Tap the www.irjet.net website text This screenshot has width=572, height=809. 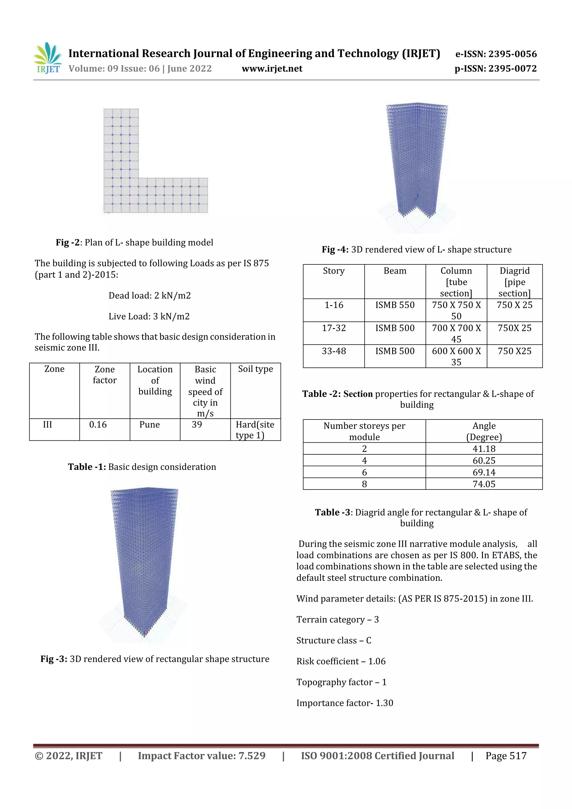pyautogui.click(x=272, y=69)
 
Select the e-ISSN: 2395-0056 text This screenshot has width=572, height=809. pyautogui.click(x=496, y=54)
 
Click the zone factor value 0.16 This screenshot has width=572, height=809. pyautogui.click(x=98, y=424)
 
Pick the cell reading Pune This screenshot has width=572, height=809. pyautogui.click(x=149, y=424)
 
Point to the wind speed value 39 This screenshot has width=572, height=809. pyautogui.click(x=197, y=424)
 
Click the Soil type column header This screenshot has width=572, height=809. pyautogui.click(x=256, y=369)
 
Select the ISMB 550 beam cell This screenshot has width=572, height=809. pyautogui.click(x=395, y=305)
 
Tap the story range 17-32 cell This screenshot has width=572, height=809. pyautogui.click(x=334, y=328)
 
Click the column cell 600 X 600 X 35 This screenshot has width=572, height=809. pyautogui.click(x=456, y=356)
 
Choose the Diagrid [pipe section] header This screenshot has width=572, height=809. pyautogui.click(x=514, y=282)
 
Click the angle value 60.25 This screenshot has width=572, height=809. pyautogui.click(x=484, y=460)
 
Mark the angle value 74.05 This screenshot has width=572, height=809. pyautogui.click(x=484, y=484)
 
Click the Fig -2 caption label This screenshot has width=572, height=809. pyautogui.click(x=69, y=242)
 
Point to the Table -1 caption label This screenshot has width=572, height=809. pyautogui.click(x=87, y=467)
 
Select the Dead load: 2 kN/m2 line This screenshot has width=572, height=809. pyautogui.click(x=149, y=296)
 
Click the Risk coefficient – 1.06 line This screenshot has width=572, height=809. pyautogui.click(x=341, y=661)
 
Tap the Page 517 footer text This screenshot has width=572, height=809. pyautogui.click(x=506, y=756)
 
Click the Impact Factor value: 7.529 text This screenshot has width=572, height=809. pyautogui.click(x=202, y=756)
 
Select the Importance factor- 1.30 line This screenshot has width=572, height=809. pyautogui.click(x=344, y=703)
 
